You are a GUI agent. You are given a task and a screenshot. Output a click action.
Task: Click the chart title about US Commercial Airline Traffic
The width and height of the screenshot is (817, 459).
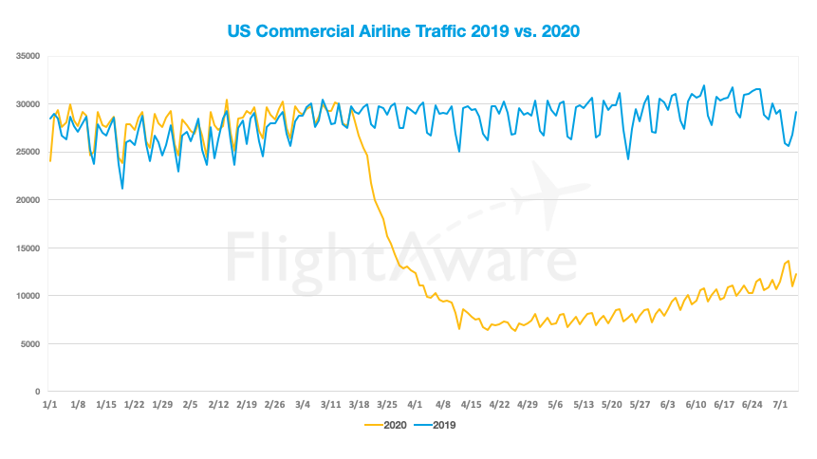click(x=402, y=30)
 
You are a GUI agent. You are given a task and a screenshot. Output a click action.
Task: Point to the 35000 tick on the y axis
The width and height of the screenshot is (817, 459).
click(x=27, y=57)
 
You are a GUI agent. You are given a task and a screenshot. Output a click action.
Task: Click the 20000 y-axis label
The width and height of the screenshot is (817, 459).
click(x=27, y=200)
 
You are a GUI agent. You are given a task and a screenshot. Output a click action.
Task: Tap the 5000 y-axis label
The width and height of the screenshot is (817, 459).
click(x=29, y=344)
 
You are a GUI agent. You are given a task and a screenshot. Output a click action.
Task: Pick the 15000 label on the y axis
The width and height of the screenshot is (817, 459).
click(x=27, y=248)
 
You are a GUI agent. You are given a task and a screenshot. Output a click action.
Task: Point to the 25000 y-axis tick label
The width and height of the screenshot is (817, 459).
click(x=27, y=153)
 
